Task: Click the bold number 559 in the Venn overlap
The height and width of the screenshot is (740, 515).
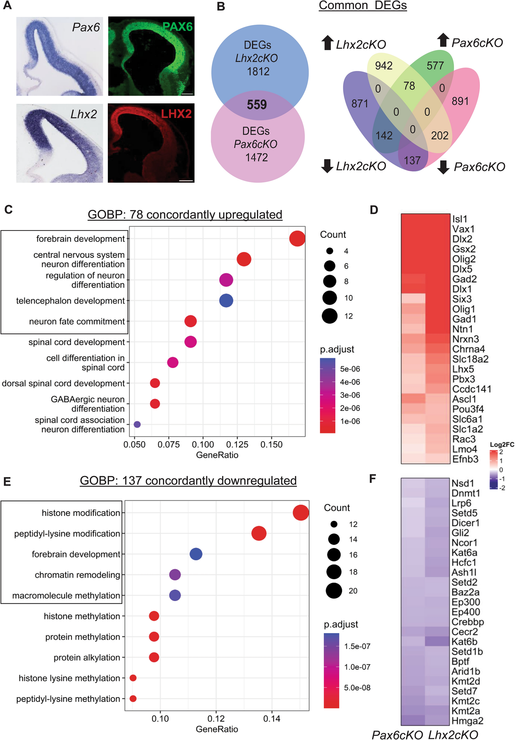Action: click(257, 105)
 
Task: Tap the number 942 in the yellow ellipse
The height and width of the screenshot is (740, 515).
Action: click(383, 66)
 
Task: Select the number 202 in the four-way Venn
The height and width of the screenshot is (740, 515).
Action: click(439, 135)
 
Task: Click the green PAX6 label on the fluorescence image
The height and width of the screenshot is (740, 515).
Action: click(177, 26)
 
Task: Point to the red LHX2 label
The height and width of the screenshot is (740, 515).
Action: click(176, 114)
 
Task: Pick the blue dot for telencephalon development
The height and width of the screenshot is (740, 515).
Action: click(226, 301)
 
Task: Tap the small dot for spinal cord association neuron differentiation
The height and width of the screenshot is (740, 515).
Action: click(137, 424)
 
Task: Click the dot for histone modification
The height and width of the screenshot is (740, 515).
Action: click(300, 513)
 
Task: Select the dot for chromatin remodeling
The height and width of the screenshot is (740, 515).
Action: click(175, 575)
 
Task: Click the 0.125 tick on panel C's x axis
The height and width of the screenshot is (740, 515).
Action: click(237, 445)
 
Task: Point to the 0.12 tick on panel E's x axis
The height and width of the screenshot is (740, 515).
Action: click(216, 719)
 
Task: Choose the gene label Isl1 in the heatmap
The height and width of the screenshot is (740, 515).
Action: click(460, 219)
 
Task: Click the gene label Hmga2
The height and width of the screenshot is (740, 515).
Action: click(467, 721)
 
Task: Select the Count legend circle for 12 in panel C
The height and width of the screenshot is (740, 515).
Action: click(329, 316)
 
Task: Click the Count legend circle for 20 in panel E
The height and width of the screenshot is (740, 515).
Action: click(334, 590)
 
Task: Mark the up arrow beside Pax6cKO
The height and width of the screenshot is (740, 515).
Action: click(443, 40)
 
